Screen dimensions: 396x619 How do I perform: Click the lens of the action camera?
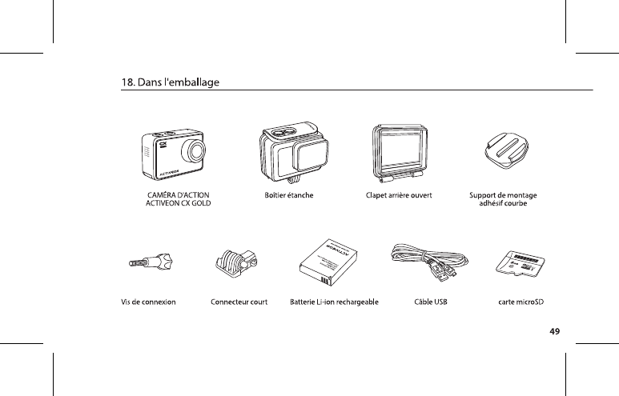194,151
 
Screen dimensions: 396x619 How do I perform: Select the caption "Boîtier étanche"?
288,195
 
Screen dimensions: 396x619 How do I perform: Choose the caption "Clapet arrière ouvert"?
399,195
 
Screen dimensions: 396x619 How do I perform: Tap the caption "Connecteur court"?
239,302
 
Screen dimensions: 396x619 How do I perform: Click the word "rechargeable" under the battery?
356,302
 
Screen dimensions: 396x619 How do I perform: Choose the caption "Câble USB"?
430,302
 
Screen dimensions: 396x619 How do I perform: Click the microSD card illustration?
521,265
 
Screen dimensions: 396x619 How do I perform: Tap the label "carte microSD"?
521,302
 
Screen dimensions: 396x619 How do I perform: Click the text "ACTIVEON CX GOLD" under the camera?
178,203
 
